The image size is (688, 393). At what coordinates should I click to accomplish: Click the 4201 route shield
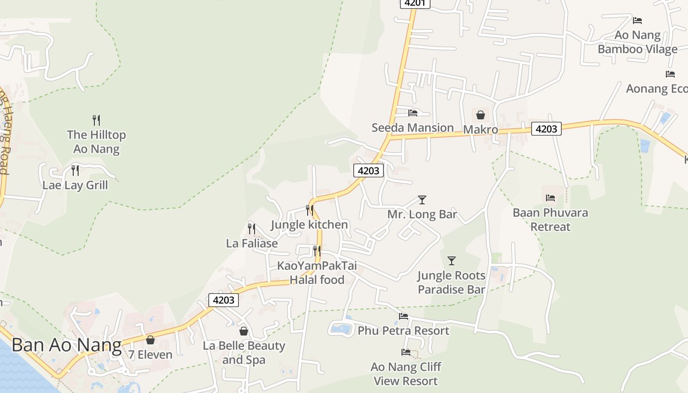coord(415,3)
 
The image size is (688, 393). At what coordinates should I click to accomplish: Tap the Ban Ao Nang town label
coord(66,345)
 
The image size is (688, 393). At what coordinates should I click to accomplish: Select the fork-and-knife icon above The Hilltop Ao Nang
coord(96,120)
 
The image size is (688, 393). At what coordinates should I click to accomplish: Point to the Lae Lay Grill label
coord(75,185)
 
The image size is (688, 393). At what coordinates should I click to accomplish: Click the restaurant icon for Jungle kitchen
coord(310,210)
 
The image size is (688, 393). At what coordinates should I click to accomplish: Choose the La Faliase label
coord(252,243)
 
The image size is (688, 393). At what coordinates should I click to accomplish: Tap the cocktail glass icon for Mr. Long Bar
coord(422,200)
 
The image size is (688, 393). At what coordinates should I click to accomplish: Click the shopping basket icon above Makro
coord(481,115)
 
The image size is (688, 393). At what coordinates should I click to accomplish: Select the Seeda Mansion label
coord(412,128)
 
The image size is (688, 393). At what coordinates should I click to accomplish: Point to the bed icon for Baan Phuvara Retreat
coord(550,198)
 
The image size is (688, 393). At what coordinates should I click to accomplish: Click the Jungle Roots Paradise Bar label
coord(451,282)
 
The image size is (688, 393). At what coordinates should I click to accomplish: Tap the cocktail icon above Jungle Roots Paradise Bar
coord(452,261)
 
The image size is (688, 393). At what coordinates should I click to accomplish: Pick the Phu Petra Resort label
coord(403,331)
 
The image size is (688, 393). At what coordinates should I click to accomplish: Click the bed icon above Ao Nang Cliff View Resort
coord(406,352)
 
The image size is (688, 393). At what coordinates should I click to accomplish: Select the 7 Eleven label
coord(150,355)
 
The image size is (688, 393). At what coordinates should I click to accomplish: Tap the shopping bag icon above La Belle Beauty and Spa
coord(244,331)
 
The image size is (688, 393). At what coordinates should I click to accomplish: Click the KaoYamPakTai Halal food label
coord(317,273)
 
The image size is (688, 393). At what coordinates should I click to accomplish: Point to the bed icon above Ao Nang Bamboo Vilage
coord(637,21)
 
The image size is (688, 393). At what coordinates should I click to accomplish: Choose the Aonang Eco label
coord(657,89)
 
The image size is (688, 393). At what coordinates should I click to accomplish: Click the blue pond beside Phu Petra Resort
coord(341,329)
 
